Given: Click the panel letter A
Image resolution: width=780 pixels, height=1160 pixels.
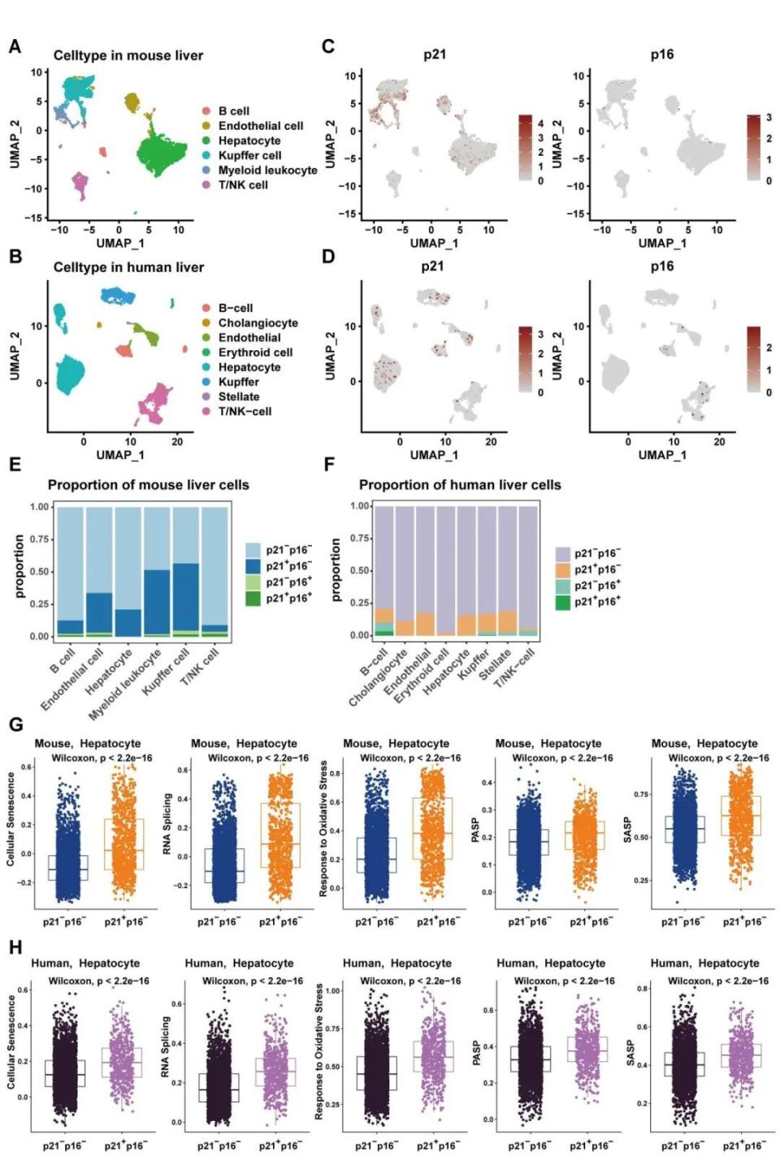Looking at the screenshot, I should pos(15,47).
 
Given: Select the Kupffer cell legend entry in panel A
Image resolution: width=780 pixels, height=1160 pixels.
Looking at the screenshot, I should pos(249,155).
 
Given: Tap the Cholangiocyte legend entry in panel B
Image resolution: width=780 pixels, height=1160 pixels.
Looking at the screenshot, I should pos(258,322).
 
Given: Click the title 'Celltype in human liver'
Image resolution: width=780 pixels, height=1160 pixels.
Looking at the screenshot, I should pos(128,267).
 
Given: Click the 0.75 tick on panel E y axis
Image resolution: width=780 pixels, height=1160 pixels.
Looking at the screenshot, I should pos(40,539).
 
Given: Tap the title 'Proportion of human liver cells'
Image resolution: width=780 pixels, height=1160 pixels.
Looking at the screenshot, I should pos(460,485).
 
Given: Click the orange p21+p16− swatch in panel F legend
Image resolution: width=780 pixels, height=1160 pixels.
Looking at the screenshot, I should pos(562,569).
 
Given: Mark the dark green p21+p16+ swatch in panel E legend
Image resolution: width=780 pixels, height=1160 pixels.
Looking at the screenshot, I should pos(253,599).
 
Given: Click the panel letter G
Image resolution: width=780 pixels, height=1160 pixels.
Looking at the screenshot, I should pos(15,725).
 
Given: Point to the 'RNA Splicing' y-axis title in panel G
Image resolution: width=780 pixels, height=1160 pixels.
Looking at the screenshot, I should pos(167,824).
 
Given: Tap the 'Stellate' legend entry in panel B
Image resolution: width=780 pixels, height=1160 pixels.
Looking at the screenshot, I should pos(239,396).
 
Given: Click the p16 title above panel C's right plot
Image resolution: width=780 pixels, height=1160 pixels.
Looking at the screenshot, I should pos(662,54).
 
